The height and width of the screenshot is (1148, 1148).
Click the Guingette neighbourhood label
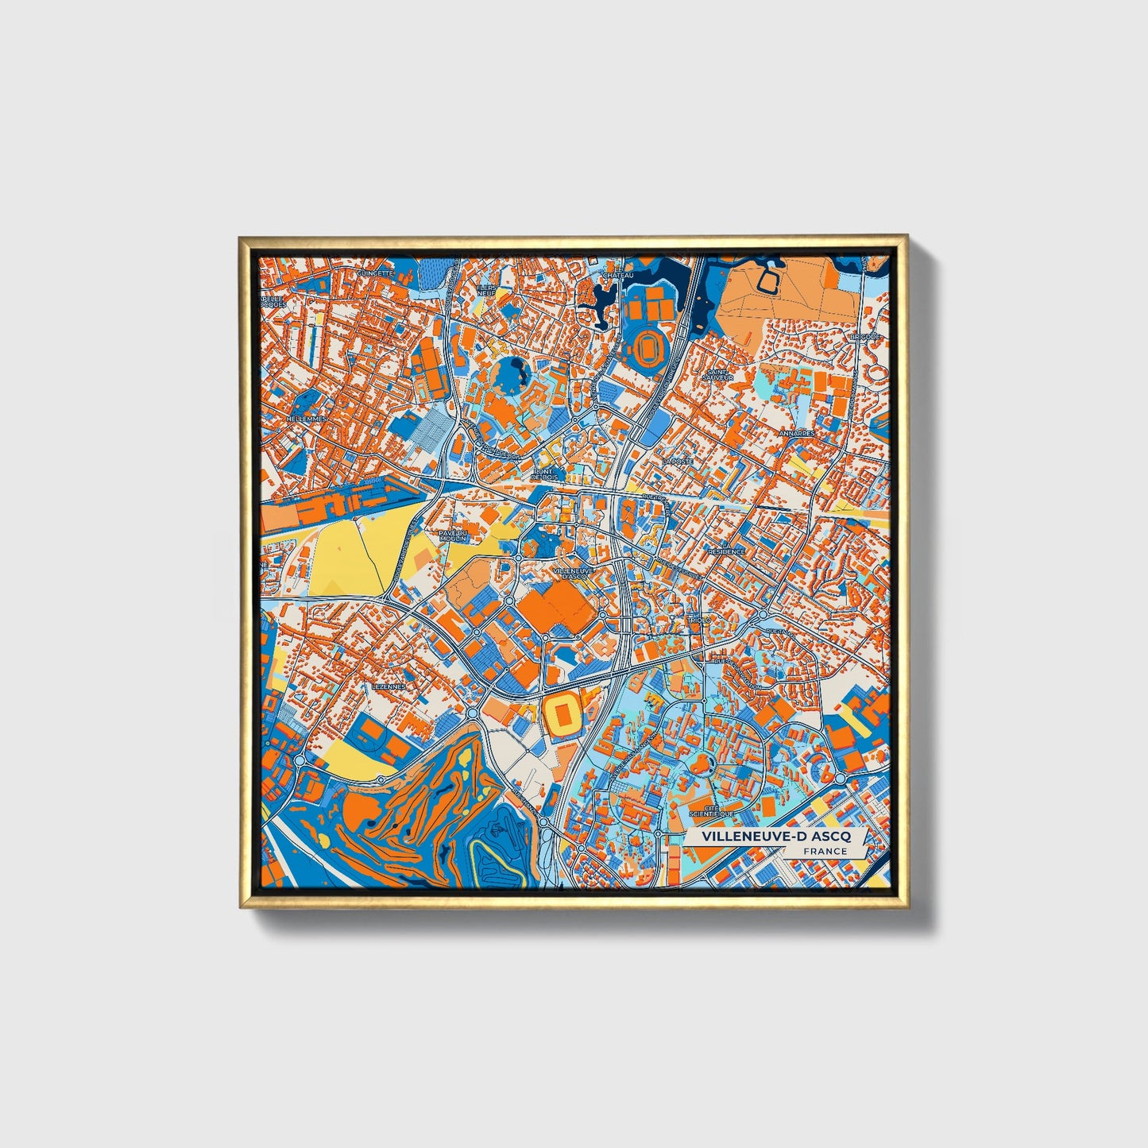375,273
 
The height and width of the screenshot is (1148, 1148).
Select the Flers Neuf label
486,290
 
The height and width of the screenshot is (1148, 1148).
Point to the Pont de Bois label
545,474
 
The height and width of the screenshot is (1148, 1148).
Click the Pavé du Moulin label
454,535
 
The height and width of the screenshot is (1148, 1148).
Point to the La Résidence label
726,551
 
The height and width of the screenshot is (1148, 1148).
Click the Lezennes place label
388,686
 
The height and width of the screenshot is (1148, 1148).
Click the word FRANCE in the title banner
824,851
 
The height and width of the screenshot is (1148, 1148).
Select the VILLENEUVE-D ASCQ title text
775,837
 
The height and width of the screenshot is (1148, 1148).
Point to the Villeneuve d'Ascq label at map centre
572,573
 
